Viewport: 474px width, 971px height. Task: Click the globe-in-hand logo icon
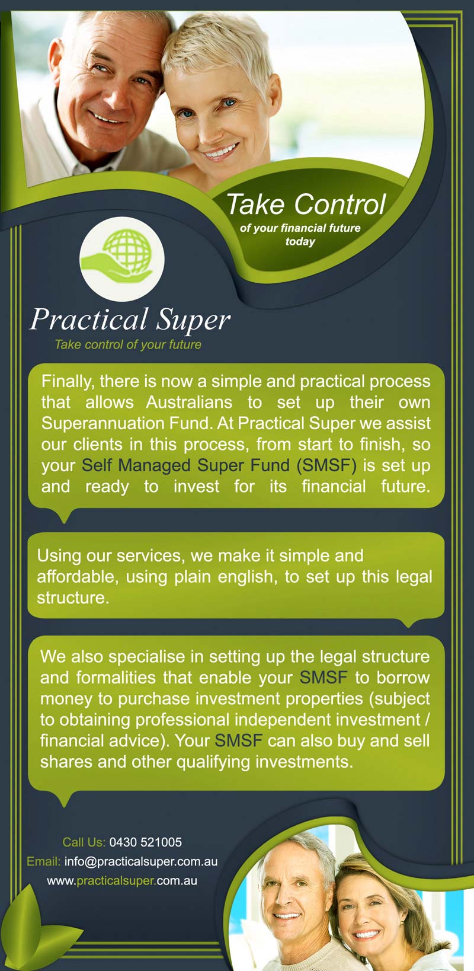coord(121,258)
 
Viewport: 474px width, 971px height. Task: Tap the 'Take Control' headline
coord(306,205)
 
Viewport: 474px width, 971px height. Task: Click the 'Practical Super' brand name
coord(130,320)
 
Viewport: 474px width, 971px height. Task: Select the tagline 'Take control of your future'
coord(128,344)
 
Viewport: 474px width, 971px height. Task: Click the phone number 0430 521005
coord(146,842)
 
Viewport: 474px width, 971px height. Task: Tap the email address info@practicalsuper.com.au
coord(141,861)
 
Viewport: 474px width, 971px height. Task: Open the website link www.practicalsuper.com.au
coord(122,880)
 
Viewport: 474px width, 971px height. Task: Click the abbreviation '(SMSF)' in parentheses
coord(326,465)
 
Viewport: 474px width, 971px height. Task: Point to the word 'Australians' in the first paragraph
coord(189,402)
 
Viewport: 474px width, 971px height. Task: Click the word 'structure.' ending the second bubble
coord(73,598)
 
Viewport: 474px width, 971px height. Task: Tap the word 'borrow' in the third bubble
coord(403,678)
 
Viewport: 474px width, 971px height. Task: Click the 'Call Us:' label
coord(84,842)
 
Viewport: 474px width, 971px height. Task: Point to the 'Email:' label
coord(43,861)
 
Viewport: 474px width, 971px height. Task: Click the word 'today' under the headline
coord(300,241)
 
